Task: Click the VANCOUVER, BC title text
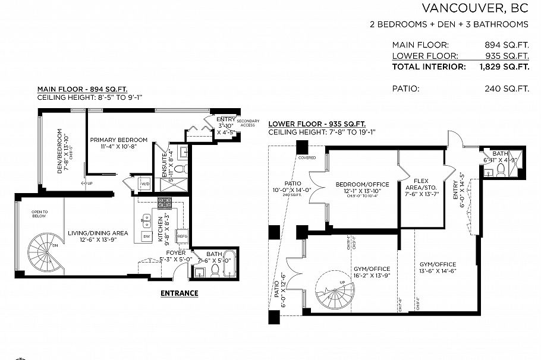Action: (x=474, y=8)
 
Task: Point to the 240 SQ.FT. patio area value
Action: (x=507, y=89)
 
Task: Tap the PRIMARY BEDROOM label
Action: (x=118, y=140)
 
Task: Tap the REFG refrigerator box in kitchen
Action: (x=183, y=236)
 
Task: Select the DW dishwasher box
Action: (x=146, y=237)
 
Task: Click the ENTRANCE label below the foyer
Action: (x=180, y=293)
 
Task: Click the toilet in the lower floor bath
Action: (x=501, y=169)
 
